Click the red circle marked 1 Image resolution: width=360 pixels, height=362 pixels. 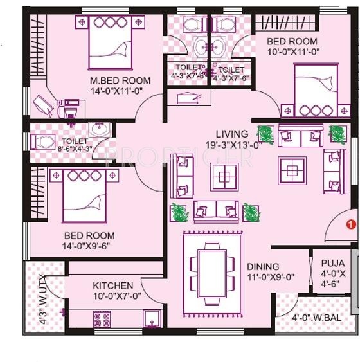(350, 225)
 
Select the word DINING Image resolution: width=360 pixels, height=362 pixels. (262, 266)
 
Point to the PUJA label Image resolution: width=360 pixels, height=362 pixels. (332, 264)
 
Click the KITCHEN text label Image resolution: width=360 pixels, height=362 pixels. (113, 285)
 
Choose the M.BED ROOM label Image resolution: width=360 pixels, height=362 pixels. (121, 80)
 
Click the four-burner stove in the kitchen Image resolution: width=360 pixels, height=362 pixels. (102, 319)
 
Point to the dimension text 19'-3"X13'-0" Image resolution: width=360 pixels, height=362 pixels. (233, 145)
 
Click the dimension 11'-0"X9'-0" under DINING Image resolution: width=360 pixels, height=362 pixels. (270, 277)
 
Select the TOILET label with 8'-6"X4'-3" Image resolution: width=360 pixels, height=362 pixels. (74, 141)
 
